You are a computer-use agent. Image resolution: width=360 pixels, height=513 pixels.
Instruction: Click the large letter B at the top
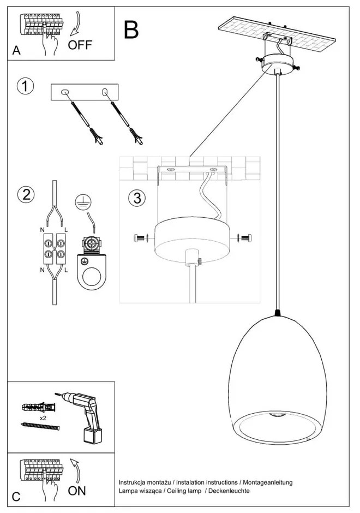pos(131,30)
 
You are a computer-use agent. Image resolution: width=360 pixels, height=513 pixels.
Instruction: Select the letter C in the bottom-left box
pos(16,497)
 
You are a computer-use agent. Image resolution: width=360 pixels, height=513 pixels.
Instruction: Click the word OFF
pos(80,45)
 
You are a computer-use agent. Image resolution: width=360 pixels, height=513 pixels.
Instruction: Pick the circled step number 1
pos(25,86)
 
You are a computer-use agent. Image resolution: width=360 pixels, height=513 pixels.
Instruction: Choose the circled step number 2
pos(25,195)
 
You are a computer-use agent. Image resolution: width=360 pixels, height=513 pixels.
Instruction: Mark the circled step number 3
pos(137,198)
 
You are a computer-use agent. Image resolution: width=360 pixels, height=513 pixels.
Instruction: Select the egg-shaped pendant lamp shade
pos(279,377)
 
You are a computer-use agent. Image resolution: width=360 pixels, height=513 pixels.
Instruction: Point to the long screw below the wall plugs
pos(38,426)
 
